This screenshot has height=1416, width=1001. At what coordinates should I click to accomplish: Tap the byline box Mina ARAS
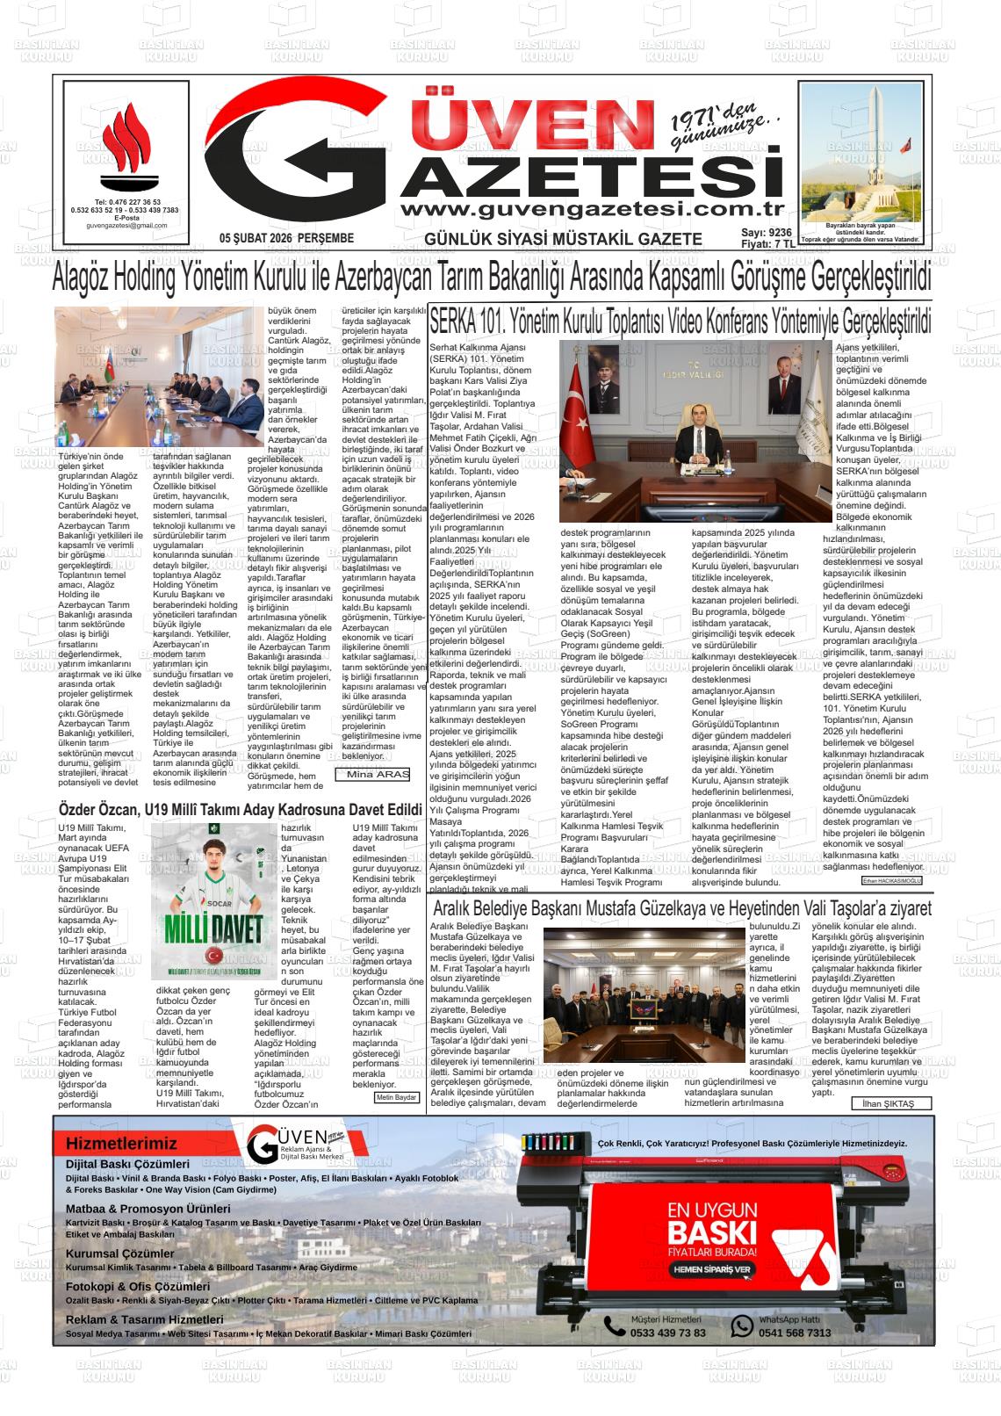pyautogui.click(x=372, y=774)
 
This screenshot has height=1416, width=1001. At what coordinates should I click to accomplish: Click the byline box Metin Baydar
pyautogui.click(x=396, y=1098)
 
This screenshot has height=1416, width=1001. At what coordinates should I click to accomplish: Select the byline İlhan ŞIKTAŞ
pyautogui.click(x=888, y=1104)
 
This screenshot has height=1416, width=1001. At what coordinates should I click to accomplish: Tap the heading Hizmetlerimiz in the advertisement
pyautogui.click(x=121, y=1144)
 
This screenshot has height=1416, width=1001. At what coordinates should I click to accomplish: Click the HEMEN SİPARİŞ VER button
pyautogui.click(x=712, y=1269)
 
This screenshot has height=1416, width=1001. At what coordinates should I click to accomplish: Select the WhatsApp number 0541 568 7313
pyautogui.click(x=794, y=1333)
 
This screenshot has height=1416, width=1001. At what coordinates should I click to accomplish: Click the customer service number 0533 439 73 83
pyautogui.click(x=667, y=1333)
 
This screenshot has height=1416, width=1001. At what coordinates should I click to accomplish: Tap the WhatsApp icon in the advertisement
pyautogui.click(x=743, y=1326)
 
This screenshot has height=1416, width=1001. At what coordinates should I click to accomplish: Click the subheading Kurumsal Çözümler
pyautogui.click(x=120, y=1253)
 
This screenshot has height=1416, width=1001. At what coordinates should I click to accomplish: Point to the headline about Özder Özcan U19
pyautogui.click(x=241, y=809)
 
